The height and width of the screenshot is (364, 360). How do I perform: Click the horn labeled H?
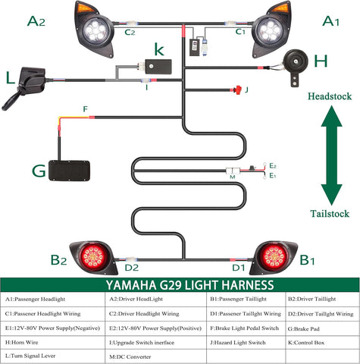pos(294,65)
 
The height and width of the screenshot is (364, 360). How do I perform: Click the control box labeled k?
pos(159,66)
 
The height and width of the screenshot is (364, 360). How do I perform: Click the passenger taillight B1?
pos(274,257)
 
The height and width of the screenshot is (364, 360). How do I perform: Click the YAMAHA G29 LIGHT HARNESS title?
pos(179,285)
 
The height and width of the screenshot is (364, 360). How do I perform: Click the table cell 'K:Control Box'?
pos(311,343)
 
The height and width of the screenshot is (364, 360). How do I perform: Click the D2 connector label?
pos(132,268)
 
